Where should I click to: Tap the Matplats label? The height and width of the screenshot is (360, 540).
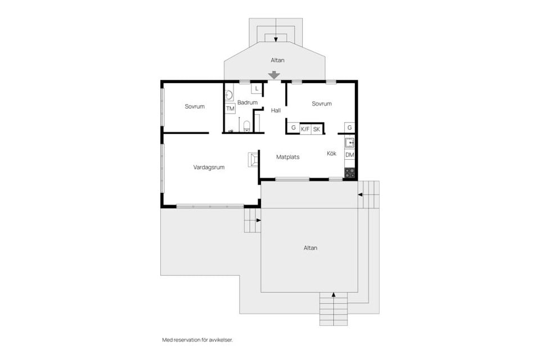[287, 157]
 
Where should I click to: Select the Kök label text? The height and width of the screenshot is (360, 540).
[332, 153]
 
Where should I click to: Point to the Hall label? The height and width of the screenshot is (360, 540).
[276, 110]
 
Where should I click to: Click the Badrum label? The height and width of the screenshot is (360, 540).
[247, 102]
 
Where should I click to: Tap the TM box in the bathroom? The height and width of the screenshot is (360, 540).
[230, 109]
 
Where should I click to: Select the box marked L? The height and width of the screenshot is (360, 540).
[256, 89]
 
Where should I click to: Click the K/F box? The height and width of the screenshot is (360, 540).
[305, 129]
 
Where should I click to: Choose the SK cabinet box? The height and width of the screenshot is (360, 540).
[317, 129]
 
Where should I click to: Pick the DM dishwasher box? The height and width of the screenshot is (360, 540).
[349, 155]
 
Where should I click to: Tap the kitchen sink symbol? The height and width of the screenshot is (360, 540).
[349, 142]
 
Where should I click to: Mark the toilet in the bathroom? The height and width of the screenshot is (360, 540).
[246, 125]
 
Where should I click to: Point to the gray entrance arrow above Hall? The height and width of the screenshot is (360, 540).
[274, 75]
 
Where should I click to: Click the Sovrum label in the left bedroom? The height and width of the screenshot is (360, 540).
[195, 106]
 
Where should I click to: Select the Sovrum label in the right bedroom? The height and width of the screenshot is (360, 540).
[322, 103]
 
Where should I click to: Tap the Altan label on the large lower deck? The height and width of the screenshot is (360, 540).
[310, 247]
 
